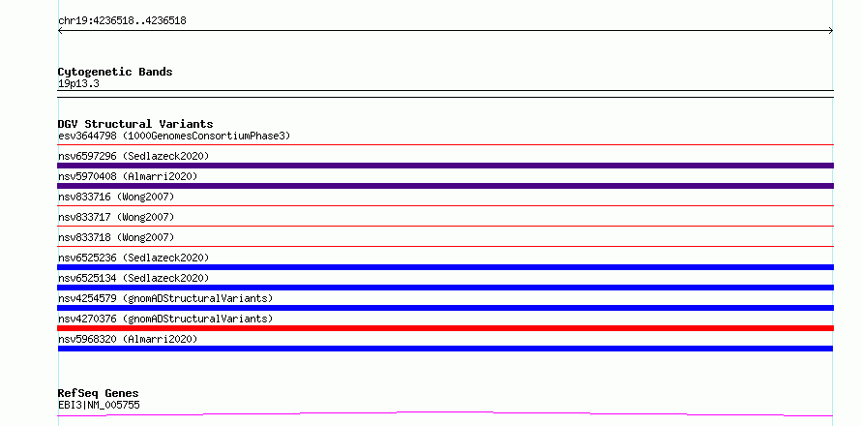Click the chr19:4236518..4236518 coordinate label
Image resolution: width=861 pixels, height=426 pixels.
click(122, 21)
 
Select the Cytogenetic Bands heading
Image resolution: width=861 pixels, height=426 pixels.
click(115, 72)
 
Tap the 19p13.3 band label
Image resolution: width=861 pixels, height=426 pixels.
click(78, 84)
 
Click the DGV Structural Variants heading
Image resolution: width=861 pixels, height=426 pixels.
click(135, 124)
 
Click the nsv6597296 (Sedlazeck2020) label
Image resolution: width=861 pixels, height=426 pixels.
click(134, 156)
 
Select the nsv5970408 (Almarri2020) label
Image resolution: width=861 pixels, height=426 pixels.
click(128, 176)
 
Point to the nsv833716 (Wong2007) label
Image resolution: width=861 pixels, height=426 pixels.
click(116, 197)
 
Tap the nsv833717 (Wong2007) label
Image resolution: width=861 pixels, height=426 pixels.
click(116, 217)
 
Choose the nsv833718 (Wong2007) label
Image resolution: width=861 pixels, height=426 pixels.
click(116, 237)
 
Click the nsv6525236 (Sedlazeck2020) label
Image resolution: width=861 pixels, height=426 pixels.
click(134, 258)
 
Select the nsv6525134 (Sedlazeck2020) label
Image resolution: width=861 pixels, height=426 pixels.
click(134, 278)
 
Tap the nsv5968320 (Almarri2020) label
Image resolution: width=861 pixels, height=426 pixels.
click(128, 339)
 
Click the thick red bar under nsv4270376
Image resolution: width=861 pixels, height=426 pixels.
click(445, 328)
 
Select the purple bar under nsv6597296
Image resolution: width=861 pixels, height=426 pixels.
click(445, 166)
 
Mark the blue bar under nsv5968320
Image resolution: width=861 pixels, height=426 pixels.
click(445, 349)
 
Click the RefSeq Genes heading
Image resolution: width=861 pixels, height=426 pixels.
click(99, 393)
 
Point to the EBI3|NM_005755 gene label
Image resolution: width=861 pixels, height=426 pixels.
click(99, 405)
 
